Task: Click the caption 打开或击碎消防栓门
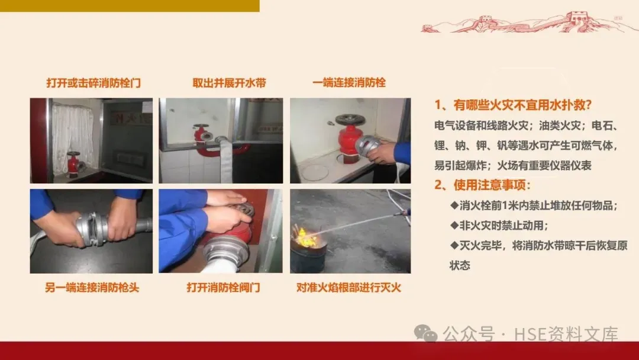click(93, 83)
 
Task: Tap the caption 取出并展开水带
click(229, 83)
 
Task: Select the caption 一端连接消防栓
click(349, 83)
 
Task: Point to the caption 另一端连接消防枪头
click(92, 287)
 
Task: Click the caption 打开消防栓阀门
click(223, 287)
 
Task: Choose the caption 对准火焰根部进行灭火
click(349, 287)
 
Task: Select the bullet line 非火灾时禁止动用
click(499, 226)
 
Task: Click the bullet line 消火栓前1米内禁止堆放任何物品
click(534, 205)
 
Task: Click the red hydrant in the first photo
click(73, 163)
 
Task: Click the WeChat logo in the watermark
click(425, 333)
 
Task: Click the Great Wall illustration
click(528, 22)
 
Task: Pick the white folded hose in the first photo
click(73, 133)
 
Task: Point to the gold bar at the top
click(130, 6)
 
